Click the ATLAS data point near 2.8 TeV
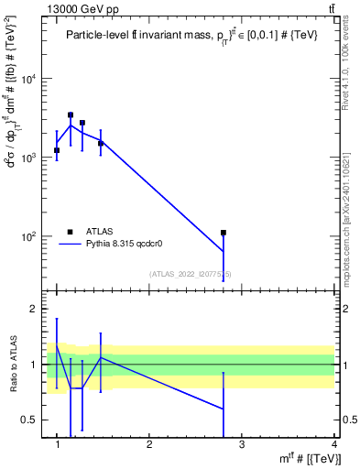coord(224,233)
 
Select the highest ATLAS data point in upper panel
coord(71,115)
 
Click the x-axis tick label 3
coord(242,444)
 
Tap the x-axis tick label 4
coord(334,444)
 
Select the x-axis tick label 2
coord(149,444)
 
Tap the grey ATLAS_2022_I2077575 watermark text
coord(191,274)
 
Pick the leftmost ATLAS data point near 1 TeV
coord(57,150)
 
